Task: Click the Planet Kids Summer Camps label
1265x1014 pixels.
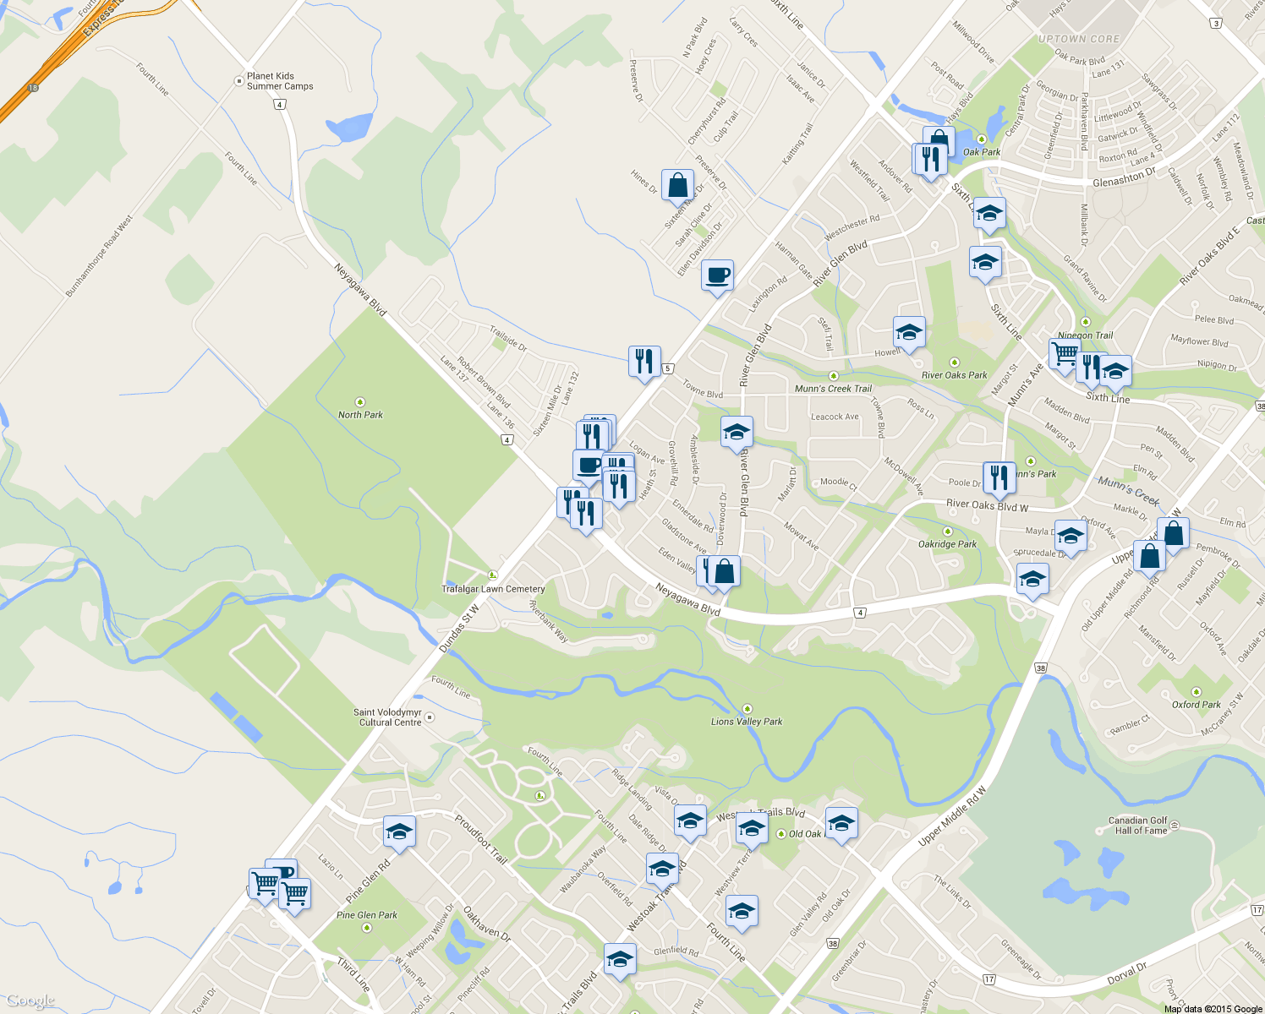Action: [x=279, y=81]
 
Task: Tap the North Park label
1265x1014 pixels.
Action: [x=360, y=415]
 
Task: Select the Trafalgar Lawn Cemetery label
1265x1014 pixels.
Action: [x=493, y=589]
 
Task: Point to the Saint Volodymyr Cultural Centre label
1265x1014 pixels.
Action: [x=389, y=717]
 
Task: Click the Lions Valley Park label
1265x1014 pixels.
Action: [x=747, y=722]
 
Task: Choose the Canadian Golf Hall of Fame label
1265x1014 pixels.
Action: [x=1140, y=826]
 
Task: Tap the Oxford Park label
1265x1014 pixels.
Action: [x=1196, y=704]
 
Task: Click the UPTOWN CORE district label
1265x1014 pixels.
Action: [x=1078, y=39]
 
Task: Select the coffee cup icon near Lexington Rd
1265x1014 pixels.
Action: [x=717, y=275]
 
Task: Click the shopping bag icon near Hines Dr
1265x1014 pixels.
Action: [x=677, y=185]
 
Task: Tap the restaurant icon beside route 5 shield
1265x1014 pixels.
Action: [x=644, y=361]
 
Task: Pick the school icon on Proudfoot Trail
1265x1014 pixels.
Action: [x=399, y=832]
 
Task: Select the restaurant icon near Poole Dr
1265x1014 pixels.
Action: [x=999, y=477]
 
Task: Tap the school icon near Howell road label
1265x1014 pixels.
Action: [x=909, y=333]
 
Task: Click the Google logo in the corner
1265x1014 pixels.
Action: [x=30, y=1001]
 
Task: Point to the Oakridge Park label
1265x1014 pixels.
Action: [x=947, y=544]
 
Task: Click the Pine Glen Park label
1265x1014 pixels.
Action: [x=366, y=915]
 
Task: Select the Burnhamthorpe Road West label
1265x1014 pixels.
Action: [x=99, y=256]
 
